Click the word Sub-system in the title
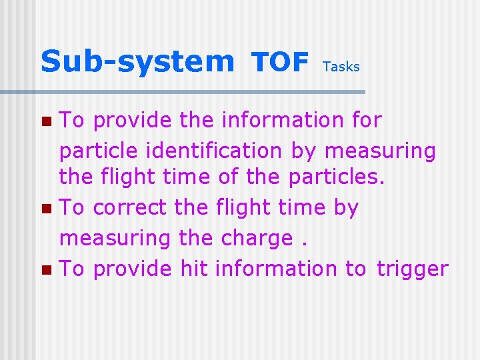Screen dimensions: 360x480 [137, 62]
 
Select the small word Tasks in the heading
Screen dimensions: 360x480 [341, 67]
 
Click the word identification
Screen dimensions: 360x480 [207, 151]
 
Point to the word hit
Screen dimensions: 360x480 [195, 268]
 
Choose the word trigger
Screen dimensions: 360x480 [412, 269]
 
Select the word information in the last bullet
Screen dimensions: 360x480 [277, 268]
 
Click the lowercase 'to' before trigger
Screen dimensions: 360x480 [356, 269]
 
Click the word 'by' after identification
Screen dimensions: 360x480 [305, 151]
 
